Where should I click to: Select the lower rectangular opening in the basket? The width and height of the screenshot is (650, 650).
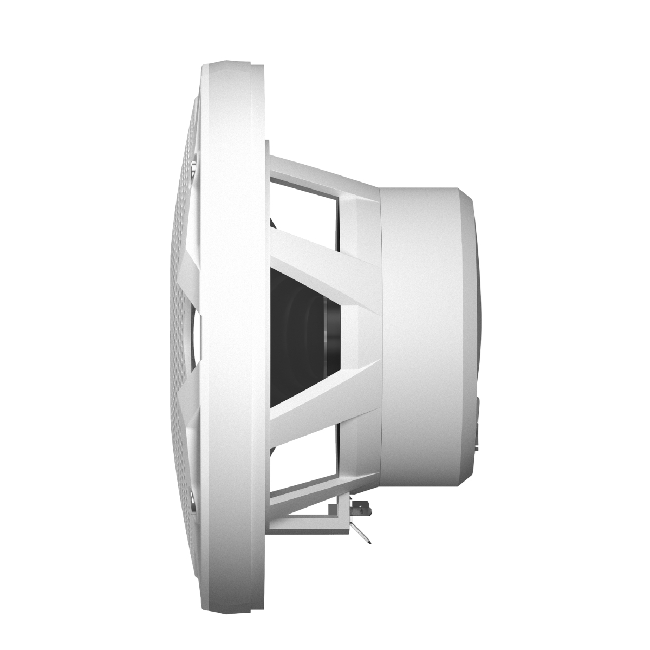click(x=303, y=455)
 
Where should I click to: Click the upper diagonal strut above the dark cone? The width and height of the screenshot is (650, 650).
click(x=325, y=249)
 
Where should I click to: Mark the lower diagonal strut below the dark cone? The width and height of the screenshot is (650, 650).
click(x=325, y=404)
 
